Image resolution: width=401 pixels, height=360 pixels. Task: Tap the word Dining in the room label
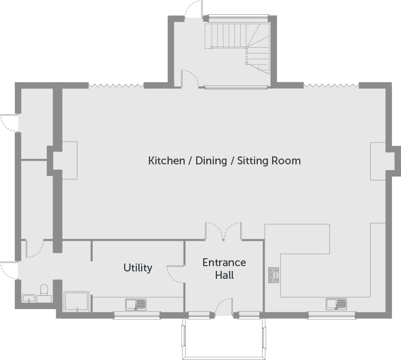pos(211,161)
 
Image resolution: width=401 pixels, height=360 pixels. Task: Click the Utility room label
pos(137,268)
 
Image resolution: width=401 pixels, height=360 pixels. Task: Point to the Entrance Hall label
pos(224,269)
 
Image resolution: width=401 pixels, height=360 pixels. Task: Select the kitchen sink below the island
pos(336,304)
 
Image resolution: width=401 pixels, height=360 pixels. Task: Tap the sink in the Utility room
pos(136,304)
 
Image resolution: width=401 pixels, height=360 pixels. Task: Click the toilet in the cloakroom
pos(45,291)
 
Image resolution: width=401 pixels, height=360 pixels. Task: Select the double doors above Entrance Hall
pos(224,232)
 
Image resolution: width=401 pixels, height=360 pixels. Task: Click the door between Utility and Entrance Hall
pos(175,273)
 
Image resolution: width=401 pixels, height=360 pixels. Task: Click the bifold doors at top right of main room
pos(331,85)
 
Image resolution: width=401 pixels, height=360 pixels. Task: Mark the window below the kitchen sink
pos(332,315)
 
